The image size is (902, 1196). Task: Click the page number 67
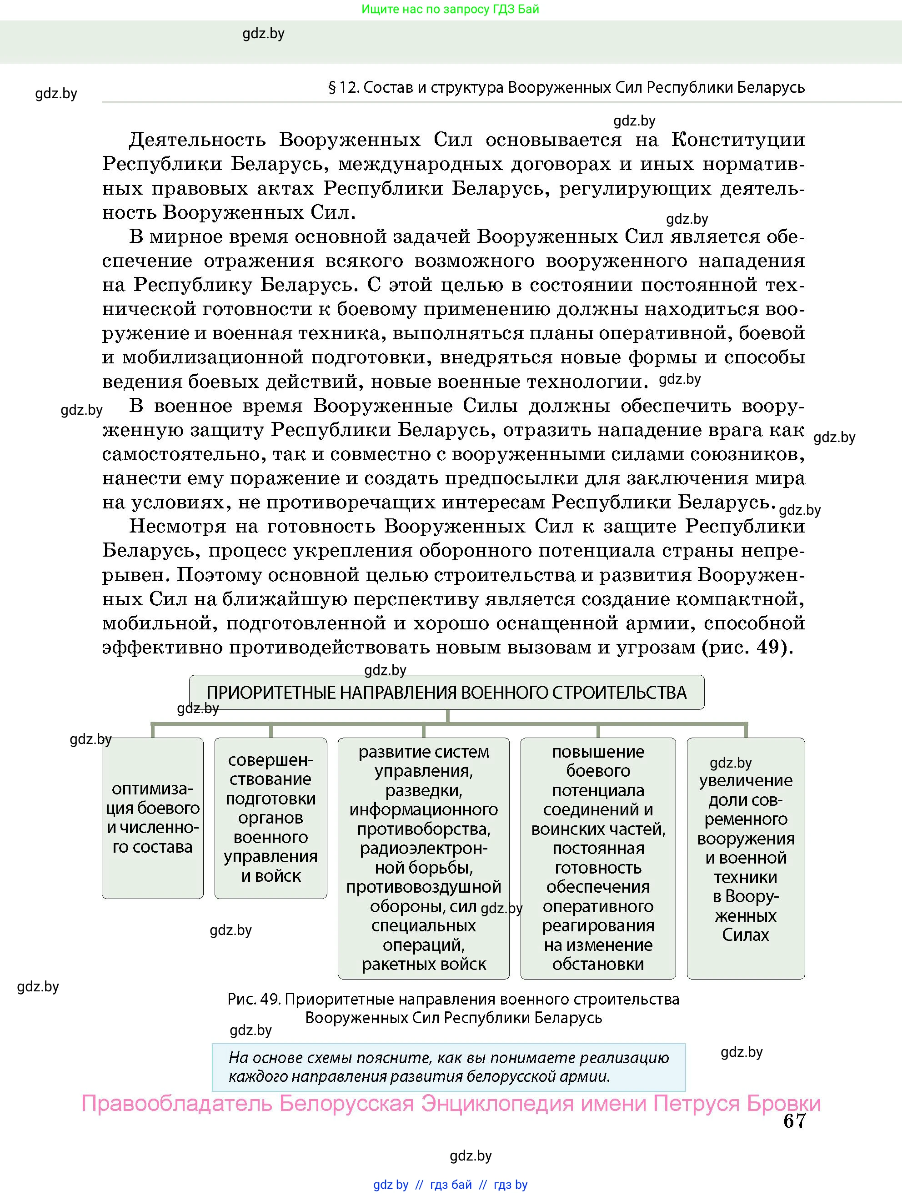(x=794, y=1121)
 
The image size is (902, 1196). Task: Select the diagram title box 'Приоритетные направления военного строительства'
(x=446, y=692)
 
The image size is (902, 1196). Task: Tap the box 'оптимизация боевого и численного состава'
(x=152, y=818)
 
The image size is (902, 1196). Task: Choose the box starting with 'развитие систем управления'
(x=423, y=858)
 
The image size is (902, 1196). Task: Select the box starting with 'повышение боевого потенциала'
(x=598, y=858)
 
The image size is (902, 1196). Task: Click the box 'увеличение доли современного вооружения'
(x=745, y=858)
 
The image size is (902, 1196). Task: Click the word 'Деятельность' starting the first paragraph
(x=197, y=140)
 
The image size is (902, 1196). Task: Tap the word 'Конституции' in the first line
(x=738, y=140)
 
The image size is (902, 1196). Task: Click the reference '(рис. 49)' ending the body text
(x=747, y=647)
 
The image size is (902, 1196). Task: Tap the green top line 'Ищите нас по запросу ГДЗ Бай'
(x=450, y=9)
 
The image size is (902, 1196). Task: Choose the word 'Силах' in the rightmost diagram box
(x=745, y=935)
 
